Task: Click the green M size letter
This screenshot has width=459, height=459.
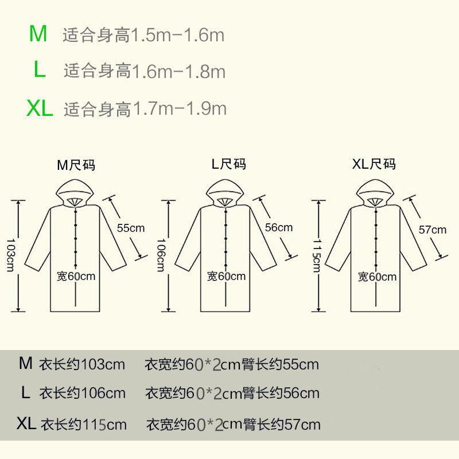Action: [x=38, y=34]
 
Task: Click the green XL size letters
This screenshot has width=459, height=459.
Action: [x=40, y=108]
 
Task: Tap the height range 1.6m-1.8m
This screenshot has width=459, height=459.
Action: [x=178, y=72]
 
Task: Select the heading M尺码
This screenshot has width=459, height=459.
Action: [x=76, y=165]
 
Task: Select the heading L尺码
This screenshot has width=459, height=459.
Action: [x=228, y=164]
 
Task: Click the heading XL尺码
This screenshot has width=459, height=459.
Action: [x=374, y=165]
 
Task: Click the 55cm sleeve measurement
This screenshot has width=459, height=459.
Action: [x=131, y=227]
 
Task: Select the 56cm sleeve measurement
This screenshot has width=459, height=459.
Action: [x=279, y=227]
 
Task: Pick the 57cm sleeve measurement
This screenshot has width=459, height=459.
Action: [x=432, y=229]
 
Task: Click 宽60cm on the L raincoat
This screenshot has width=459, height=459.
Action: [x=226, y=276]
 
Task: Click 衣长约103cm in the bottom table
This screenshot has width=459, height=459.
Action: [x=82, y=364]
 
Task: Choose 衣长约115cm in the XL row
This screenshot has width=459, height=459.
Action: [x=84, y=425]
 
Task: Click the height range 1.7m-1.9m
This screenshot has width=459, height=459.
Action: [x=180, y=108]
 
